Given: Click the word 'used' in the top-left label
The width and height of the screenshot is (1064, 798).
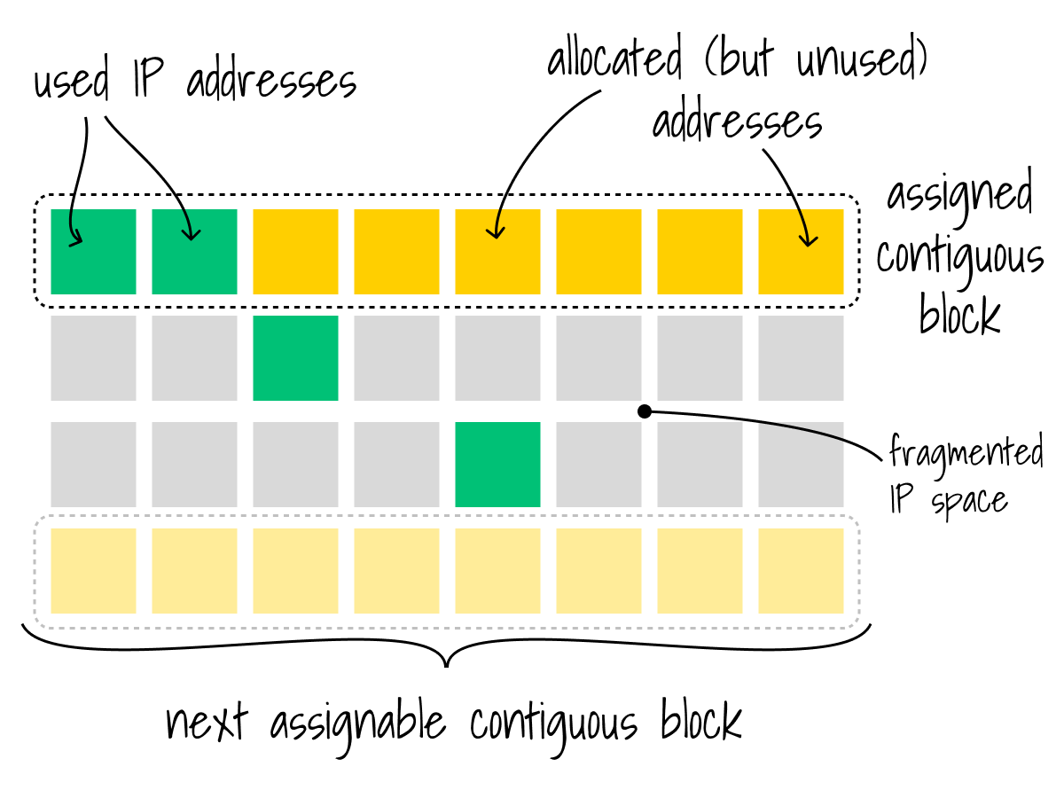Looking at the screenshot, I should coord(71,83).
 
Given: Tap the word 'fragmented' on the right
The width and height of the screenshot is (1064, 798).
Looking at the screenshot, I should coord(966,454).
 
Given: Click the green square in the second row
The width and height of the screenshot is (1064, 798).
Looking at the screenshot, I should coord(295,358).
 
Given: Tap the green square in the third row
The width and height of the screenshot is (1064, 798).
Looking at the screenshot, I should coord(497,465).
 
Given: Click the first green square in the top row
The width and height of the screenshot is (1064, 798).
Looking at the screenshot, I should coord(93,252).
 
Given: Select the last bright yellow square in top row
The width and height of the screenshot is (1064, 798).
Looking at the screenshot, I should coord(801,252).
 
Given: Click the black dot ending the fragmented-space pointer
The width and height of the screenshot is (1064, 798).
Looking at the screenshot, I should coord(645,411).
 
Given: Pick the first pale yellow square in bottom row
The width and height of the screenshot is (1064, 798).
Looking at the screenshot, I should coord(93,571).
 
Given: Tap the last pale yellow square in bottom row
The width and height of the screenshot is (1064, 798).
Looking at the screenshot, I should coord(801,571).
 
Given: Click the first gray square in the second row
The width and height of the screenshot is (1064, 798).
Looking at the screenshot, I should coord(93,358).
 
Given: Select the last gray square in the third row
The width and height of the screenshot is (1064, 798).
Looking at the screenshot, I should coord(801,465).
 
